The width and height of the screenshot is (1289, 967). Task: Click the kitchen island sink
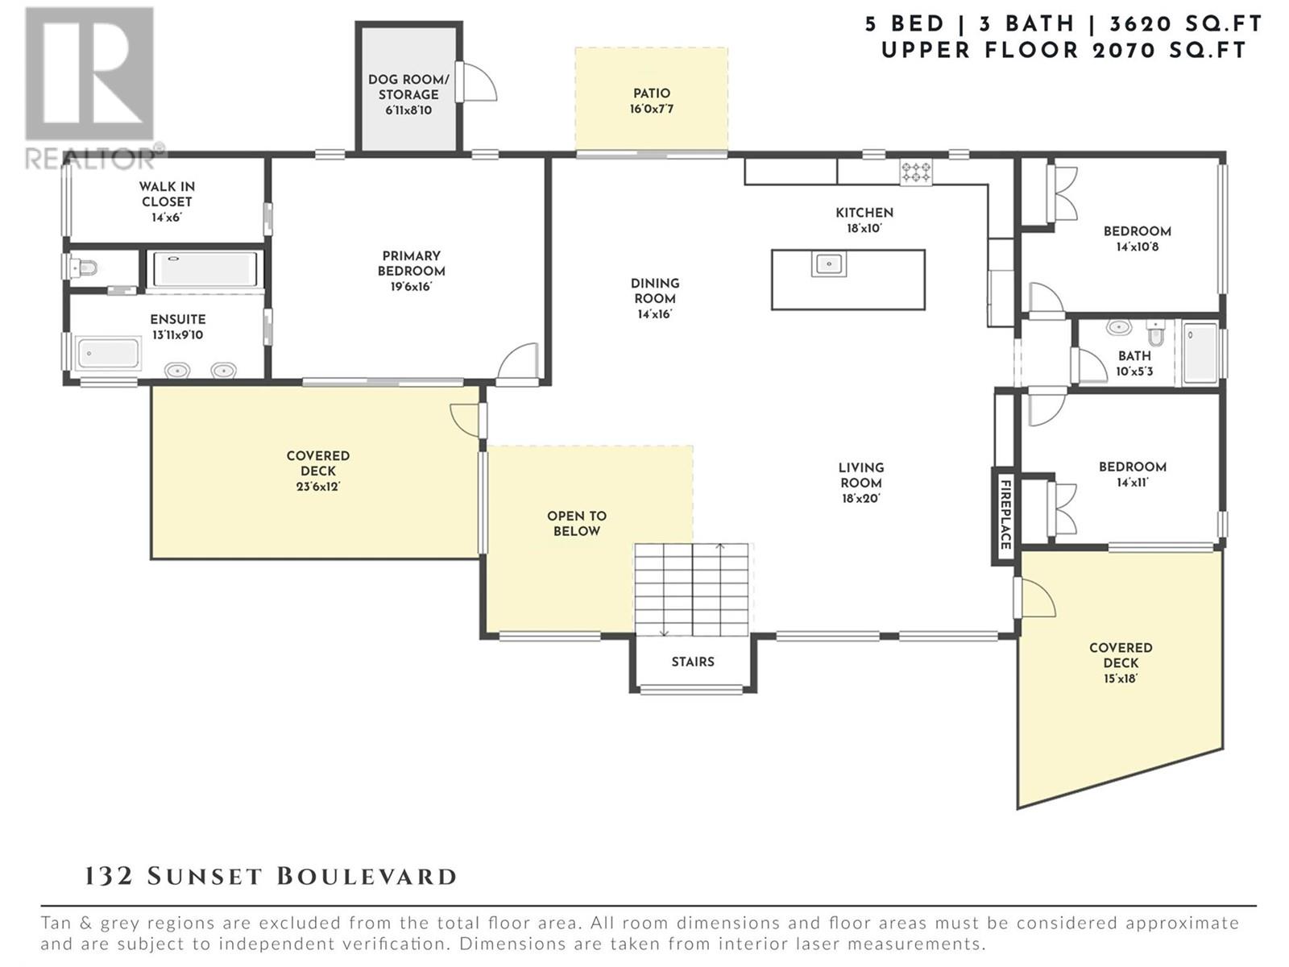tap(829, 264)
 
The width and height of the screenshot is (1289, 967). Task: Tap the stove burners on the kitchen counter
tap(916, 172)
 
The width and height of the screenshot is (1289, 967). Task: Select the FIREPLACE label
tap(1005, 515)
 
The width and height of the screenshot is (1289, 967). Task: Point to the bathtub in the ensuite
tap(109, 354)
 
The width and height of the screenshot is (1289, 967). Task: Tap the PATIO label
tap(651, 93)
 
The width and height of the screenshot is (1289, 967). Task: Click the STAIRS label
tap(693, 662)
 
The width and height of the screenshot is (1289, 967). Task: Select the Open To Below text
tap(577, 524)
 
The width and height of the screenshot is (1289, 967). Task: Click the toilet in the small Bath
tap(1155, 332)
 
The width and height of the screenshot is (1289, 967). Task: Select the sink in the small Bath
tap(1119, 328)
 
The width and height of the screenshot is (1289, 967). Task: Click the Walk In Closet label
tap(167, 194)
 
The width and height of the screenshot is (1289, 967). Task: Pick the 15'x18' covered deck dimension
tap(1121, 679)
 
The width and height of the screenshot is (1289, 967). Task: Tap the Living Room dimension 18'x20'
tap(861, 499)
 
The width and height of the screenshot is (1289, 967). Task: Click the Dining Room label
tap(655, 291)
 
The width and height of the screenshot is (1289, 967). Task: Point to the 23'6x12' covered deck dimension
tap(317, 487)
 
